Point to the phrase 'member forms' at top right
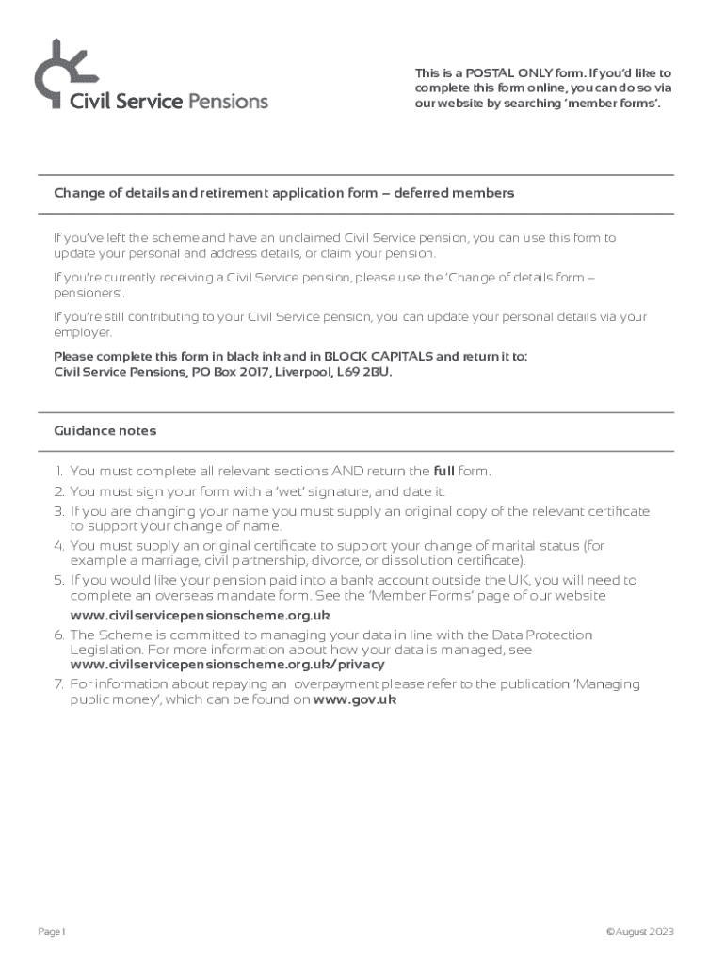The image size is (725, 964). (x=620, y=104)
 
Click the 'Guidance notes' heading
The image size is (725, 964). (x=105, y=431)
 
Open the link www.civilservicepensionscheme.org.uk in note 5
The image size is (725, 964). (x=200, y=616)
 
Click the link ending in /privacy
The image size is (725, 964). (x=227, y=664)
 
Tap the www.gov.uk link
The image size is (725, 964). (x=354, y=700)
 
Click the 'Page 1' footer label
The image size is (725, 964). (x=53, y=932)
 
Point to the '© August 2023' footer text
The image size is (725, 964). (x=640, y=932)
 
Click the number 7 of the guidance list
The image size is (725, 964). (x=58, y=684)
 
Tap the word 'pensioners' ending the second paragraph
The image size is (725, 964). (x=84, y=293)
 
